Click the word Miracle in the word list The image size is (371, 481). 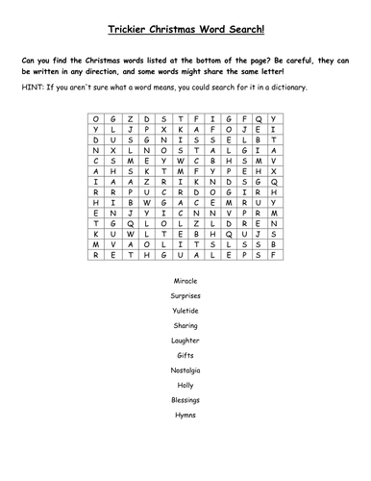tap(185, 280)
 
